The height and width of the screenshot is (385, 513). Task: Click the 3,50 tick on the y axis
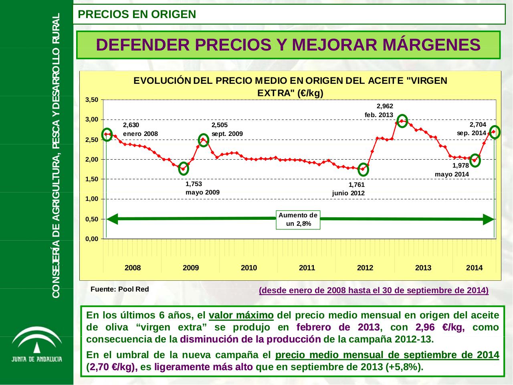tap(92, 100)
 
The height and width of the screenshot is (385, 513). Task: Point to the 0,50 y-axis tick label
tap(92, 219)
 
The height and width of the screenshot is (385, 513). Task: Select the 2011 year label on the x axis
tap(307, 268)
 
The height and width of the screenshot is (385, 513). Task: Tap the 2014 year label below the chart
tap(474, 268)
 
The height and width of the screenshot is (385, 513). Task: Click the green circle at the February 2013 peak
tap(402, 120)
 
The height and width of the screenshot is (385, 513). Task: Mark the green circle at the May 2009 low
tap(184, 168)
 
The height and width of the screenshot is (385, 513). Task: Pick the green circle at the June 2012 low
tap(363, 169)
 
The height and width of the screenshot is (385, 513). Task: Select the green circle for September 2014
tap(495, 132)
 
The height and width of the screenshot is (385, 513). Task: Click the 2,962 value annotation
tap(385, 106)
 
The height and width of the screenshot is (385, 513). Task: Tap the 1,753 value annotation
tap(194, 184)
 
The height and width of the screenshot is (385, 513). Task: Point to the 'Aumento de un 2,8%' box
tap(298, 219)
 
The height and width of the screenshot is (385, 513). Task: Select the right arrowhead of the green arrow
tap(488, 219)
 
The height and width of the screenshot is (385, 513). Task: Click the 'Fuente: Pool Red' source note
tap(120, 289)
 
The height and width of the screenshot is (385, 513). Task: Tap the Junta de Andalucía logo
tap(36, 345)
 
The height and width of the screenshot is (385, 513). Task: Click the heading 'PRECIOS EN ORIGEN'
tap(137, 14)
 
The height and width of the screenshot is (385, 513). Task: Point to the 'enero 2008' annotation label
tap(140, 134)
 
